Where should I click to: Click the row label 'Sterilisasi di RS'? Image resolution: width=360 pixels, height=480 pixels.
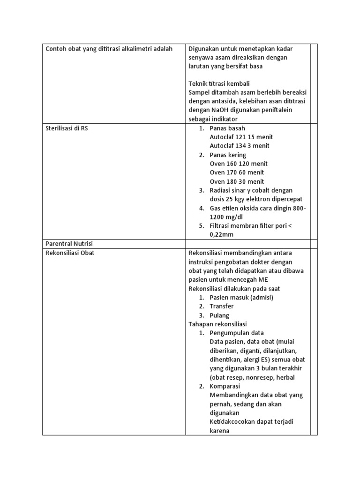[66, 128]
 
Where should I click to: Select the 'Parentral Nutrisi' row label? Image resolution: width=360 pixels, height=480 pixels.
[68, 244]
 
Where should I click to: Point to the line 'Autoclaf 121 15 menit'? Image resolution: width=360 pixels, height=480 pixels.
[241, 137]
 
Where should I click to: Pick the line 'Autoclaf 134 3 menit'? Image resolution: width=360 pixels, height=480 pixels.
[240, 146]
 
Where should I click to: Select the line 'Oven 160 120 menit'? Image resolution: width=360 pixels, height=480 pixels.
[239, 164]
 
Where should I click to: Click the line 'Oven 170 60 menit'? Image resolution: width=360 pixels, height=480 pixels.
[237, 172]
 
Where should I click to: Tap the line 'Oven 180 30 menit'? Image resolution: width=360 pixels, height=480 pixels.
[237, 181]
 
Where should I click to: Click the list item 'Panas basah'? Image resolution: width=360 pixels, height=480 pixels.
[227, 128]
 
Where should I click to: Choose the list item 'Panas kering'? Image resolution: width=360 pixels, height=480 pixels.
[228, 155]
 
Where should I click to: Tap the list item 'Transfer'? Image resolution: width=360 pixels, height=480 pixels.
[222, 306]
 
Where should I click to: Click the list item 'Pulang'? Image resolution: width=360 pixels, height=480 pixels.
[219, 315]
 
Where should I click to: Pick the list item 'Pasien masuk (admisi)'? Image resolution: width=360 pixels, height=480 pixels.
[241, 297]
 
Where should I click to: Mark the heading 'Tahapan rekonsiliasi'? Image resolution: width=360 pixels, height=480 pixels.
[217, 324]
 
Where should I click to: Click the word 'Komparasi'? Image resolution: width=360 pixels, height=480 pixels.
[225, 386]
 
